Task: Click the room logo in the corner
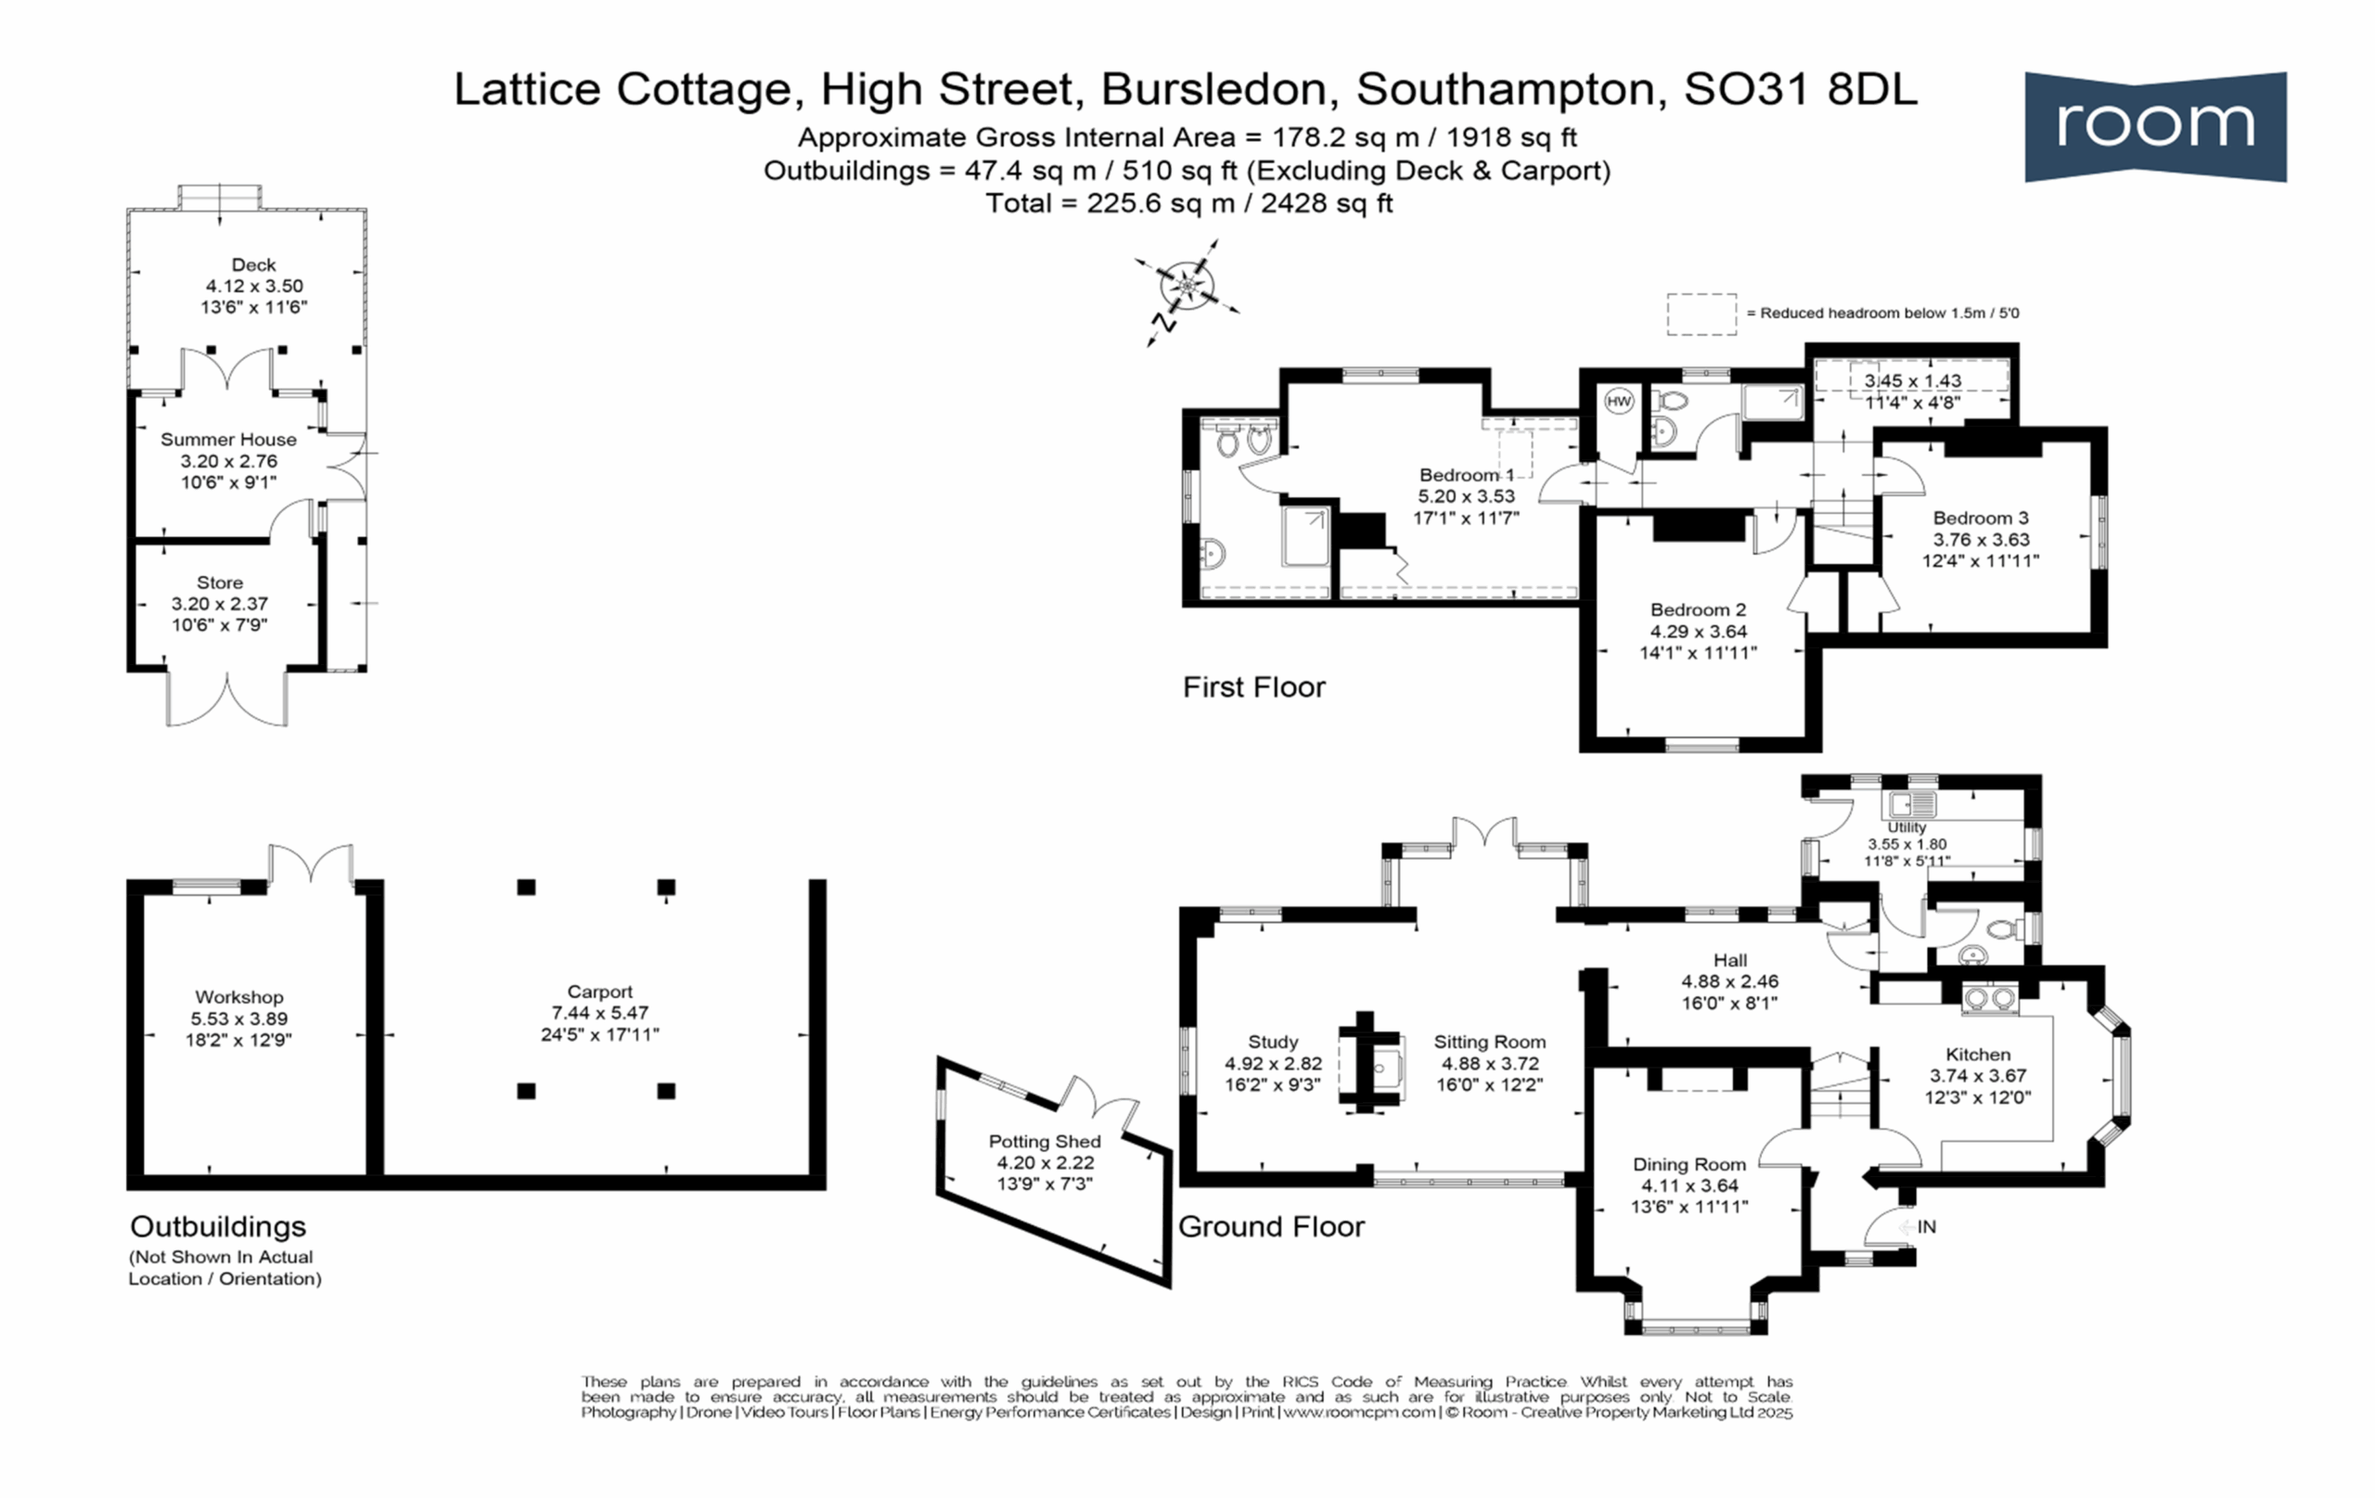pos(2155,126)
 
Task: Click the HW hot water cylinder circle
pos(1619,402)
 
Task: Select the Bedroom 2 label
pos(1699,609)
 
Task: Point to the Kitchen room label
pos(1978,1055)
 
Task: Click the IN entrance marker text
pos(1926,1227)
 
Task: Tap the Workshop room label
pos(238,997)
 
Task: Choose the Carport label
pos(599,992)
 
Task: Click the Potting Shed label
pos(1045,1141)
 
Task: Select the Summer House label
pos(228,440)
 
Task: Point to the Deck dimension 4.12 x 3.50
pos(253,286)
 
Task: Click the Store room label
pos(219,583)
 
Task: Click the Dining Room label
pos(1689,1164)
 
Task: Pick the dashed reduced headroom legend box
pos(1701,314)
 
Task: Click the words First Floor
pos(1253,686)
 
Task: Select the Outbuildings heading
pos(218,1226)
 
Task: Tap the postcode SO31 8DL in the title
pos(1800,89)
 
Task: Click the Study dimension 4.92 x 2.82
pos(1272,1063)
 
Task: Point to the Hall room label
pos(1730,959)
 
